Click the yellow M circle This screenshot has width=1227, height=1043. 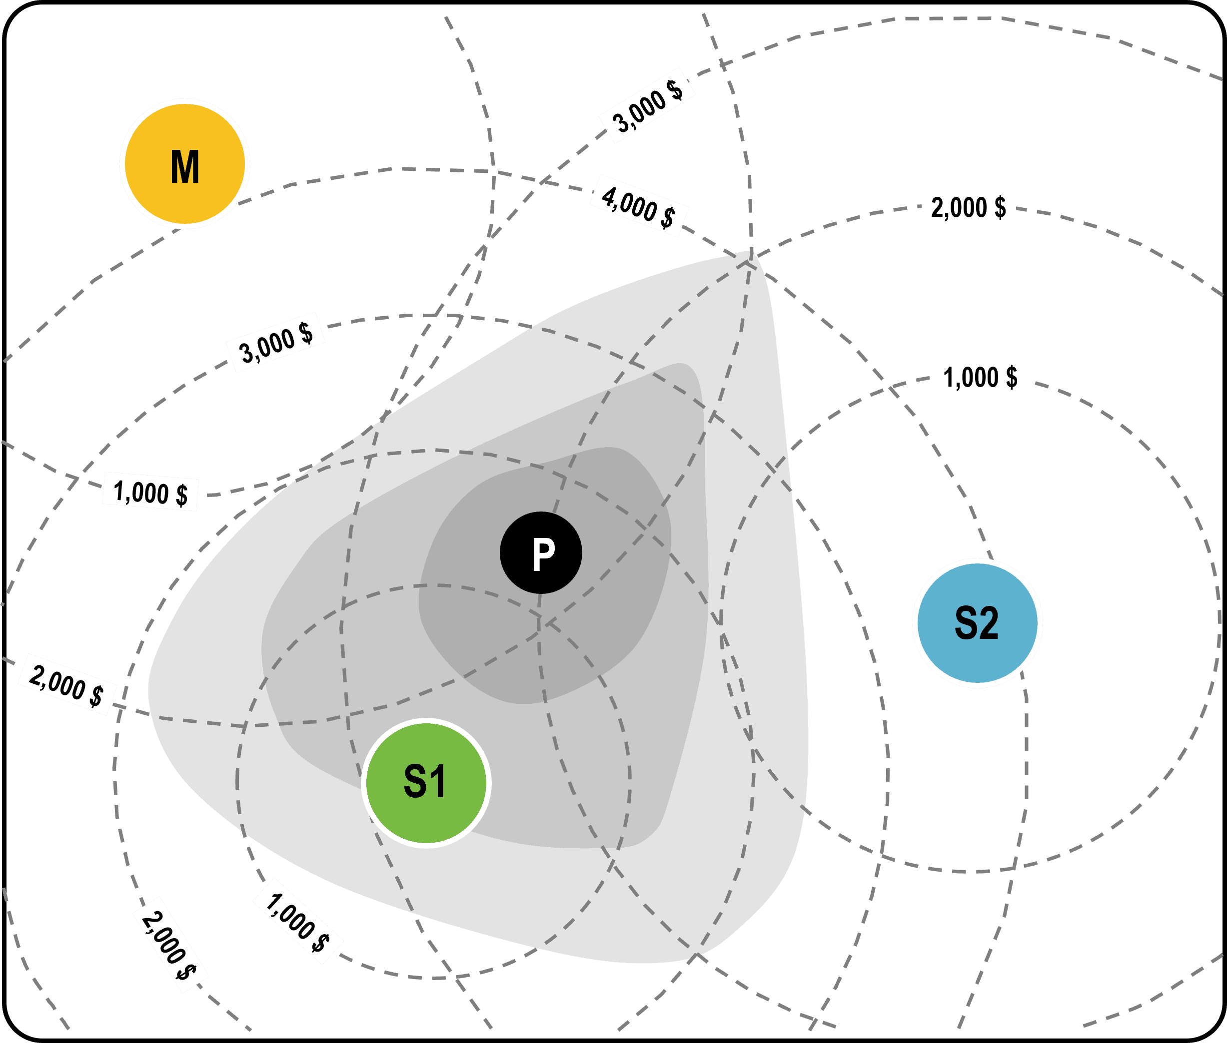click(x=185, y=164)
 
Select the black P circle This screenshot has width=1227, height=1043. click(x=541, y=552)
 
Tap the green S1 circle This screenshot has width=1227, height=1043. click(x=426, y=783)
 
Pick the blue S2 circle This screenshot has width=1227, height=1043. click(x=977, y=622)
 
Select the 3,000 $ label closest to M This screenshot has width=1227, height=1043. click(x=276, y=342)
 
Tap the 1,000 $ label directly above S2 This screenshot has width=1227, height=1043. click(x=980, y=377)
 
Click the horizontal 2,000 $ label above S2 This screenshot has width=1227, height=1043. click(x=969, y=207)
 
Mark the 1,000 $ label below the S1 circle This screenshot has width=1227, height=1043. click(x=297, y=923)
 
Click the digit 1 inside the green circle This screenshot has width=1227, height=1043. click(x=438, y=782)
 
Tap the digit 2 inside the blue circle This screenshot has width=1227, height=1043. click(x=989, y=623)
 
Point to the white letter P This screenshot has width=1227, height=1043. click(x=543, y=554)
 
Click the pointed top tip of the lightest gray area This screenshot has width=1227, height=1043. click(x=747, y=253)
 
